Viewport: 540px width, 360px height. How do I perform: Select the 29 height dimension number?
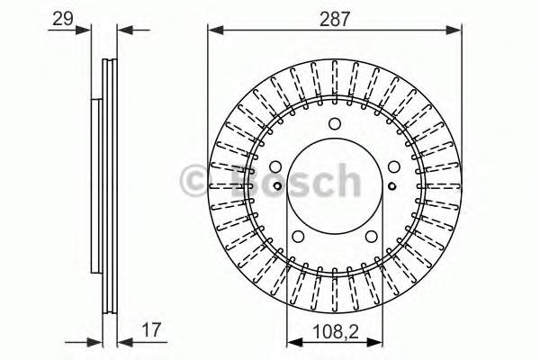[x=61, y=16]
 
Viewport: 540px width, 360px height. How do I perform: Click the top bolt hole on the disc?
[x=335, y=124]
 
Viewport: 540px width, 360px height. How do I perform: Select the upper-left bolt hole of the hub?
[x=276, y=167]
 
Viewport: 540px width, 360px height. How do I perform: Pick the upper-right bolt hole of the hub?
[x=393, y=167]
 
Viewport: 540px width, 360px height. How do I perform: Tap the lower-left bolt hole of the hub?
[x=299, y=236]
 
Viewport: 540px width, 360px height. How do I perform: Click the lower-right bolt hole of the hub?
[x=371, y=236]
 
